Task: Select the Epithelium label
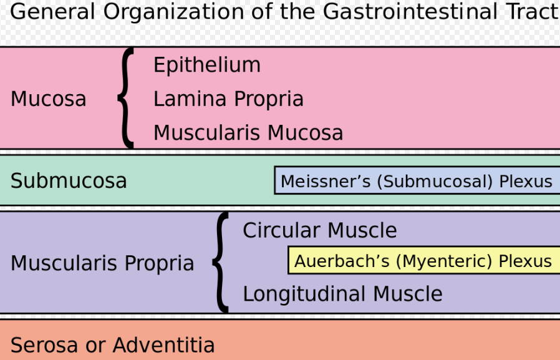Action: pos(207,66)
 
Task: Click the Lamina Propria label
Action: pos(228,99)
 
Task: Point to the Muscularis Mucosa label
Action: pos(248,133)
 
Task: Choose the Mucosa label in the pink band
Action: pos(49,99)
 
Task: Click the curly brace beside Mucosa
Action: pos(127,98)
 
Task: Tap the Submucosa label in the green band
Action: pos(69,181)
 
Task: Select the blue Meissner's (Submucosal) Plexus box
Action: pos(417,181)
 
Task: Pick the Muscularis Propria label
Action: pos(102,263)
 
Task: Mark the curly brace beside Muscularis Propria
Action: pos(220,262)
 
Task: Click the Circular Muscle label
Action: pos(319,231)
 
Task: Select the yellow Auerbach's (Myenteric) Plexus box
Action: pos(423,261)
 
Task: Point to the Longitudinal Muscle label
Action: pos(342,294)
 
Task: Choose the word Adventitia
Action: pos(164,345)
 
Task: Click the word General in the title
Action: pos(52,11)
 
